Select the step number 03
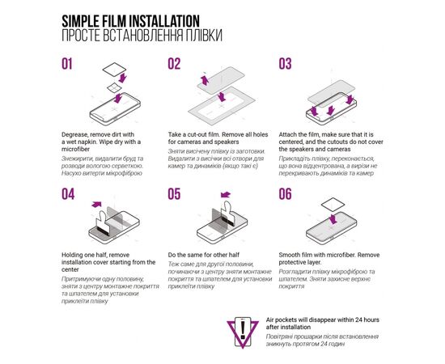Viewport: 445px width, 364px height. [x=285, y=65]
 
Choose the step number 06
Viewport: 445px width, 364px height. [x=285, y=194]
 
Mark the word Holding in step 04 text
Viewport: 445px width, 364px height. [x=74, y=254]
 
